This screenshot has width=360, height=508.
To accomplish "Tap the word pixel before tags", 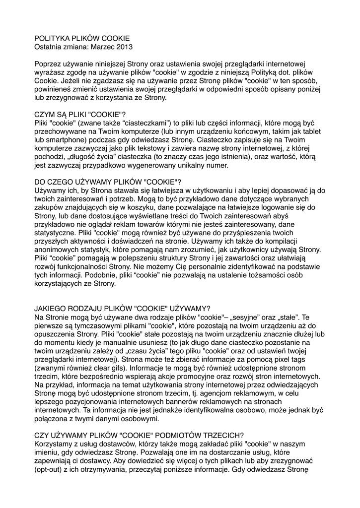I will tap(279, 361).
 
